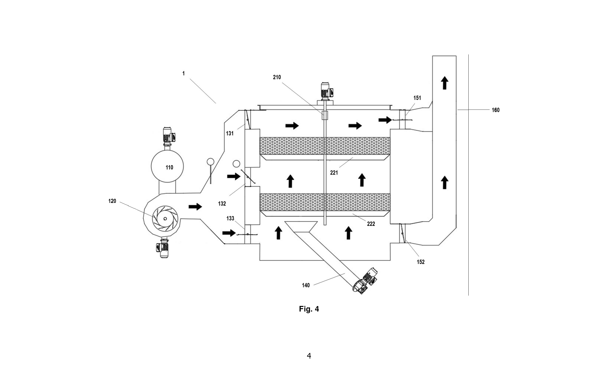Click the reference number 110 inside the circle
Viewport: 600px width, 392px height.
[169, 167]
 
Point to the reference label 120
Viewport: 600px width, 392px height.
[112, 201]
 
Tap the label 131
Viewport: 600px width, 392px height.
[230, 134]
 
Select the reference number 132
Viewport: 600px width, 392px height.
[222, 204]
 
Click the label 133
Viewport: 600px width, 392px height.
[230, 218]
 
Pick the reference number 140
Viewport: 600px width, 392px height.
[306, 285]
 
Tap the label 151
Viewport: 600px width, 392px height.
[417, 98]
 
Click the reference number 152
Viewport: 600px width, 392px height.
[420, 262]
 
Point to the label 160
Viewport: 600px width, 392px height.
[496, 110]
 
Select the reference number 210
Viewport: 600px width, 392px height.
[277, 77]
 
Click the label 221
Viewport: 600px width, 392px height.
[334, 173]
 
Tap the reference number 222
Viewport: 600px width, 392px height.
[371, 224]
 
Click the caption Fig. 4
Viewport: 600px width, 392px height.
[309, 309]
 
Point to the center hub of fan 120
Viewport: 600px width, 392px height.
[165, 219]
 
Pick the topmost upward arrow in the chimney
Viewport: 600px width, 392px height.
[445, 83]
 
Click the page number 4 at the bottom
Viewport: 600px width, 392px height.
[309, 356]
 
